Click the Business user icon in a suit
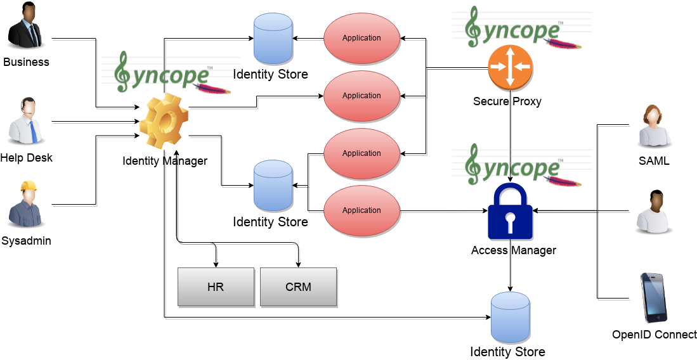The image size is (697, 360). [26, 27]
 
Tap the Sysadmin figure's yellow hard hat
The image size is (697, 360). [27, 186]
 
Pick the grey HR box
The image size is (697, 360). [216, 286]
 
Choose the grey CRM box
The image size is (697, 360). [298, 286]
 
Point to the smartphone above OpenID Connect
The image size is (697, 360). [653, 298]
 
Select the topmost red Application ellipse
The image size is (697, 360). [362, 38]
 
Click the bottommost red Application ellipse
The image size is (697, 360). [362, 210]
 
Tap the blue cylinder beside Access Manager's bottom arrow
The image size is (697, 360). [511, 318]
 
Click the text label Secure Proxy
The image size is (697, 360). [507, 101]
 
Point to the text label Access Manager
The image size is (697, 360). [513, 250]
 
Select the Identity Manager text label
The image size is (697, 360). [165, 161]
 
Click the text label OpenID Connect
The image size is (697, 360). [654, 335]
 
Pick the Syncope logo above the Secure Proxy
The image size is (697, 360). [517, 29]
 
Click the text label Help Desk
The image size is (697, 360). [27, 158]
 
